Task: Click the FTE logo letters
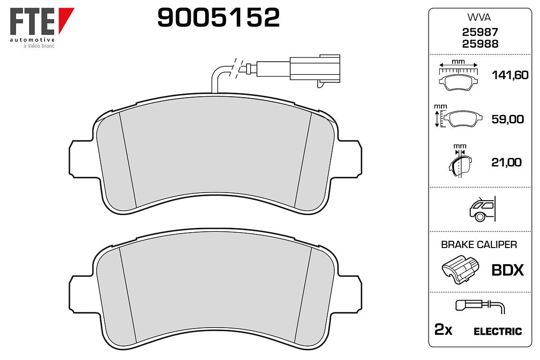(32, 21)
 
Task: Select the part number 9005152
(218, 17)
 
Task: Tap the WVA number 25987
(480, 32)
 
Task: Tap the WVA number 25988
(480, 44)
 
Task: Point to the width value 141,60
(510, 75)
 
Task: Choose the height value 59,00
(508, 119)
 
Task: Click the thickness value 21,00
(506, 162)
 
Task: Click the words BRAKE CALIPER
(479, 245)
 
